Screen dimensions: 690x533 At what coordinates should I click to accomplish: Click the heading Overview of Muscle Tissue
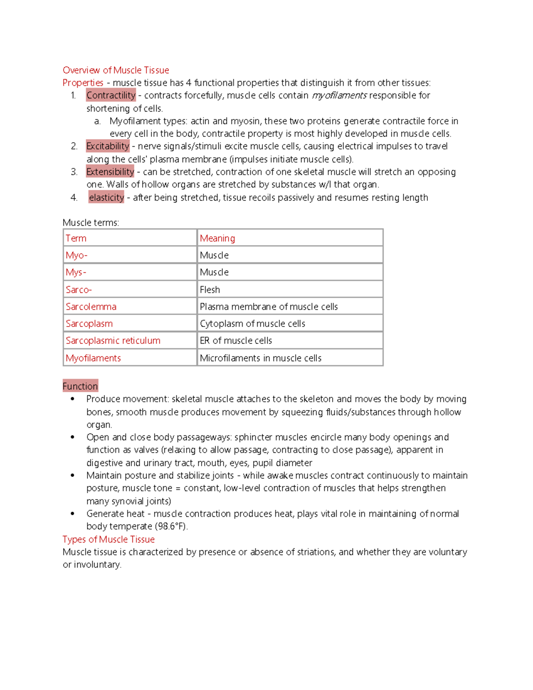click(115, 70)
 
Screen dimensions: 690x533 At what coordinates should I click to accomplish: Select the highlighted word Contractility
click(111, 96)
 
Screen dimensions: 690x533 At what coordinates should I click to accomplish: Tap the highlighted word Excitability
click(107, 146)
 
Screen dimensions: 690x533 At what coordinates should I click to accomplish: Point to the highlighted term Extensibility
click(110, 172)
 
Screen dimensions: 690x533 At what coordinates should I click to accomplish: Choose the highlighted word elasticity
click(106, 198)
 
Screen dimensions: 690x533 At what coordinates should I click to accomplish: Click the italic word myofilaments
click(339, 96)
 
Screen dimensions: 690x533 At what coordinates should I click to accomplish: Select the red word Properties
click(83, 83)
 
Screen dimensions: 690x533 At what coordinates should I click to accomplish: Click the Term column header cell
click(129, 238)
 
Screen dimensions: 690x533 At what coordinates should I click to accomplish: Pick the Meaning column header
click(290, 238)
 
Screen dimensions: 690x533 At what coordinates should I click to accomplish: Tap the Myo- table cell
click(129, 255)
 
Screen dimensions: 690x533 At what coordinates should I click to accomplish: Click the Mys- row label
click(129, 272)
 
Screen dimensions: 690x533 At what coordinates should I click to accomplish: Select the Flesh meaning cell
click(290, 290)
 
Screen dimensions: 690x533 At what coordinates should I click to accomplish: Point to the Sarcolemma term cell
click(129, 307)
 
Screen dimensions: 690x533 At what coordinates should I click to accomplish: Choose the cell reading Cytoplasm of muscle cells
click(290, 323)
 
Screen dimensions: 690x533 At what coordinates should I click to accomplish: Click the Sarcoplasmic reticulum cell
click(129, 341)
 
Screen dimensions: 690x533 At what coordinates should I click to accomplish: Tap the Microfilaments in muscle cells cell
click(290, 358)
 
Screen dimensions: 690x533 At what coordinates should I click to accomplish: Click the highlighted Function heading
click(80, 386)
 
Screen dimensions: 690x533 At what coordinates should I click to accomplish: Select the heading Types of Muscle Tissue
click(108, 539)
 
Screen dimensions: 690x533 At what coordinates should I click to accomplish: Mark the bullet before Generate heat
click(72, 514)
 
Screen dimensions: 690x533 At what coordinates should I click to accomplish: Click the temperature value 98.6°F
click(170, 526)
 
